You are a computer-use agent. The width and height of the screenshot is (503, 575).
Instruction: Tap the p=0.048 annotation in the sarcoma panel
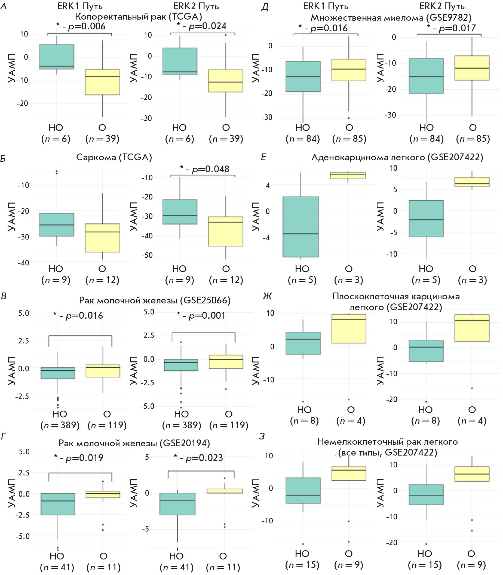(x=205, y=169)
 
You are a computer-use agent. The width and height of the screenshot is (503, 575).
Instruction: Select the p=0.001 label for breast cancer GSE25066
(x=201, y=315)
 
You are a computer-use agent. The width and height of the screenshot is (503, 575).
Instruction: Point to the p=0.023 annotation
(x=198, y=458)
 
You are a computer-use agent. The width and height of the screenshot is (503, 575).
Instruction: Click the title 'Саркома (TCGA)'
(x=114, y=157)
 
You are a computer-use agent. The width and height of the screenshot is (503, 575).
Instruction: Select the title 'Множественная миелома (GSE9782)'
(x=391, y=18)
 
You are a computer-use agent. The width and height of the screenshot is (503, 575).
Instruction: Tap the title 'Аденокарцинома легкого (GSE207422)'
(x=397, y=157)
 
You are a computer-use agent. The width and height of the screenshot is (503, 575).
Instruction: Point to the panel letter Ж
(x=267, y=296)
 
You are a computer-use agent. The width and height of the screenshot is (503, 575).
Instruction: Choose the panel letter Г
(x=4, y=436)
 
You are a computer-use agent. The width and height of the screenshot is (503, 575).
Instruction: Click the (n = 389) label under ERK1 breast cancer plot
(x=60, y=425)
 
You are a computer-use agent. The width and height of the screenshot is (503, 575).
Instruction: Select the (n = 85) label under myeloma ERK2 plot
(x=473, y=139)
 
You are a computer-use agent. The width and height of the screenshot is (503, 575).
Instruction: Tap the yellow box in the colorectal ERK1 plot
(x=102, y=82)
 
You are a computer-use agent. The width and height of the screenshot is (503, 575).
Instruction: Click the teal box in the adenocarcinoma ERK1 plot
(x=300, y=227)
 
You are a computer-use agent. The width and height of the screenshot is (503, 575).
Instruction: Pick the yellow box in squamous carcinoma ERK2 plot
(x=472, y=328)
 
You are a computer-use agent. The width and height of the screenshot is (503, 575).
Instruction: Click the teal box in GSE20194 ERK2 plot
(x=177, y=504)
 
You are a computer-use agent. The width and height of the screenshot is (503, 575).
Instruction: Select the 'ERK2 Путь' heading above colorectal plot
(x=196, y=6)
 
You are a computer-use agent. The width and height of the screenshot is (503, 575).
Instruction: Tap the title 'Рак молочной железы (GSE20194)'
(x=134, y=443)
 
